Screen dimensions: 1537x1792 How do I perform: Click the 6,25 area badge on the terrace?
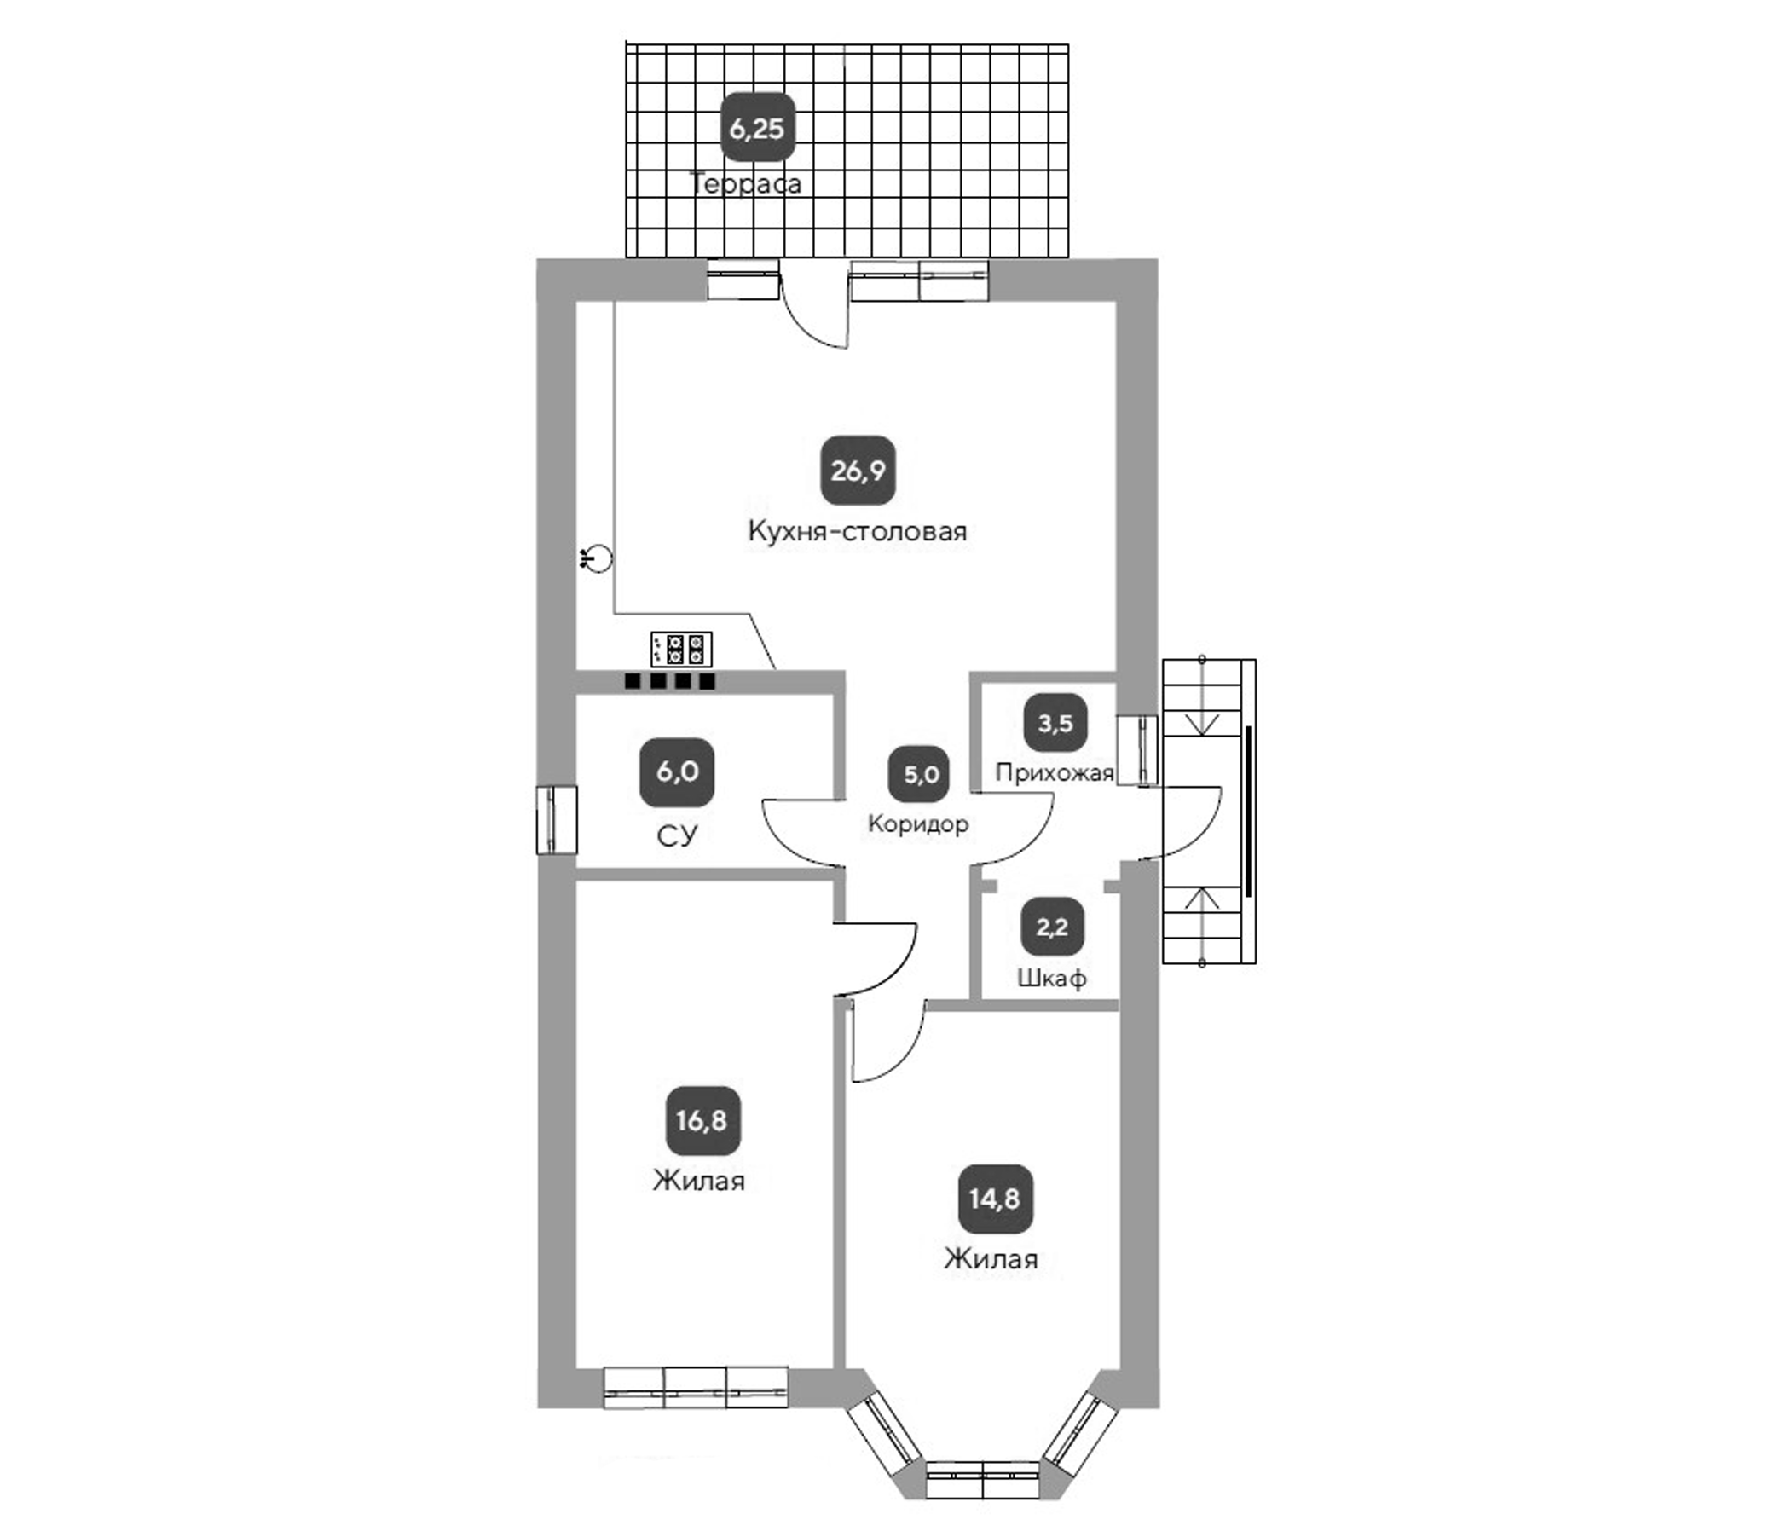[758, 128]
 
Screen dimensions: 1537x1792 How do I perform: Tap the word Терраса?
[745, 183]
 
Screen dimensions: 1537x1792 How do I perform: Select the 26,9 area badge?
[857, 471]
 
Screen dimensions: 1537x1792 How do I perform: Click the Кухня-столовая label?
[857, 531]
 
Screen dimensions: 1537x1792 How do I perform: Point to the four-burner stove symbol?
[681, 649]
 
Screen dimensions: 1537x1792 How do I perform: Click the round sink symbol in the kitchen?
[598, 558]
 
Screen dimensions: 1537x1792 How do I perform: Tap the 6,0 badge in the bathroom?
[676, 771]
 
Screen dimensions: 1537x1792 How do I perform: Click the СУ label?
[676, 835]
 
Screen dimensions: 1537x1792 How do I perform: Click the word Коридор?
[917, 823]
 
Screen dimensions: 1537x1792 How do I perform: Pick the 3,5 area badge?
[1055, 722]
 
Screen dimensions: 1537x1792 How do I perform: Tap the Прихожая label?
[1055, 772]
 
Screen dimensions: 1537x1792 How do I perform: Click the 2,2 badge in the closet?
[1052, 927]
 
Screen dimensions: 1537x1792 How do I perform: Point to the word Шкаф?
[1052, 979]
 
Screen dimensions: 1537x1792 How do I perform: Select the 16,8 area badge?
[702, 1120]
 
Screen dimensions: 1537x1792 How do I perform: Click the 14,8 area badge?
[995, 1199]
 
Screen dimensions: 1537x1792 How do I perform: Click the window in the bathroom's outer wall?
[556, 819]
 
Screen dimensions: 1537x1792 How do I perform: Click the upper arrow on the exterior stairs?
[1202, 723]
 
